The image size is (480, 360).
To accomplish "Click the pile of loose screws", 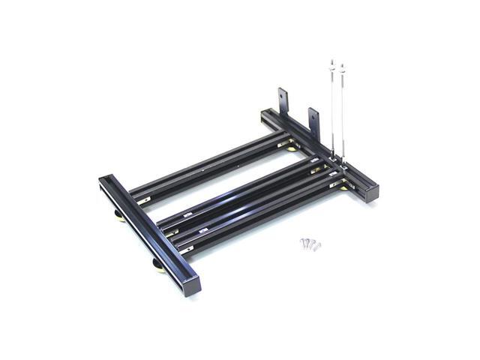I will tap(310, 243).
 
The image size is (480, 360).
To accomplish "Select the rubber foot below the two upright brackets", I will tap(290, 148).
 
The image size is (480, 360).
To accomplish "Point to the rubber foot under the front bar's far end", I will tap(118, 218).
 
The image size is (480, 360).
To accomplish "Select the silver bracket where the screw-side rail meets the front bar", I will tap(187, 245).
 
